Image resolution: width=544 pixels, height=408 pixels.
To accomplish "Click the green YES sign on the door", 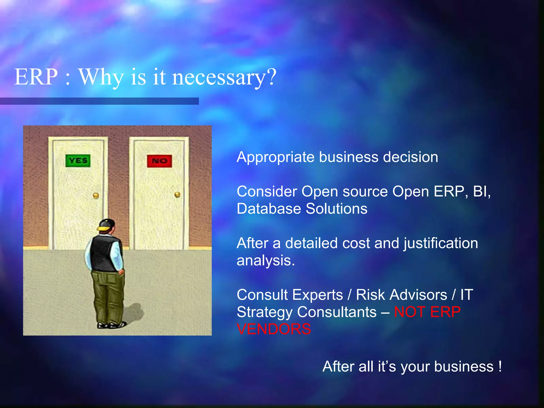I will click(78, 161).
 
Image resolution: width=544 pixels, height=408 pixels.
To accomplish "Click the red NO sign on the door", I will click(159, 161).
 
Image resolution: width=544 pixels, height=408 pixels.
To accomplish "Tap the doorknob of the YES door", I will click(96, 196).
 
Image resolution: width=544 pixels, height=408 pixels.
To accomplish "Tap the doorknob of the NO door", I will click(177, 195).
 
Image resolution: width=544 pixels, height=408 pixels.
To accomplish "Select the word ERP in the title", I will click(36, 77).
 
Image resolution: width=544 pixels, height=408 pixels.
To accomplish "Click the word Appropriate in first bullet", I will click(275, 157).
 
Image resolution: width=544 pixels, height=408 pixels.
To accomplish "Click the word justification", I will click(441, 243).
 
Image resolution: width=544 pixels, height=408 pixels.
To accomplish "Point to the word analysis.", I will click(266, 261).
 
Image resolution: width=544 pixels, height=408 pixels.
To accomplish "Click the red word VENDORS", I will click(274, 329).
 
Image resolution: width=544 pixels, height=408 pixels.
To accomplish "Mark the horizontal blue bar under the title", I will click(99, 101).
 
